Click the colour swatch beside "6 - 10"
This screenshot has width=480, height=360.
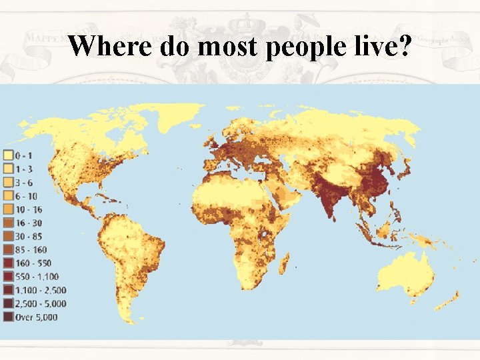point(9,196)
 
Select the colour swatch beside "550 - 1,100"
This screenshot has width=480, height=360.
point(9,276)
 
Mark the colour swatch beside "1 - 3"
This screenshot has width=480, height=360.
point(9,169)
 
